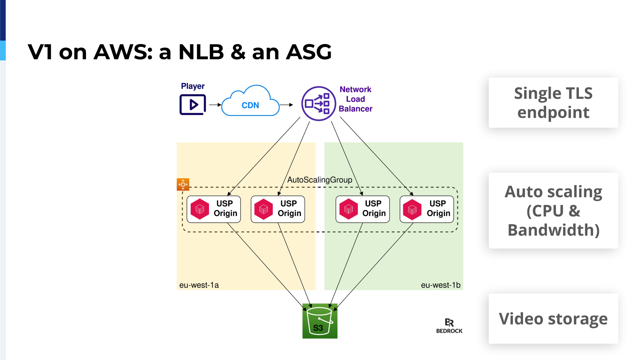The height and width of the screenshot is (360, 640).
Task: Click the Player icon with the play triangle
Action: click(x=193, y=104)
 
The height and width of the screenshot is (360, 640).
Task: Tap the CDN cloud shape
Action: click(x=250, y=101)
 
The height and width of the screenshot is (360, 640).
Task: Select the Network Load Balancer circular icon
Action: click(x=319, y=103)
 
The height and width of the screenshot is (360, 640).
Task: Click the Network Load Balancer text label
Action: click(x=356, y=99)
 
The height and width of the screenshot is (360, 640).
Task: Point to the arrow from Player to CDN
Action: click(x=215, y=105)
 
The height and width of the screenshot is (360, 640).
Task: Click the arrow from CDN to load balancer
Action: click(x=286, y=105)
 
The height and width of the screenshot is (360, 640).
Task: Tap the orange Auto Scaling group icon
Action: click(x=183, y=184)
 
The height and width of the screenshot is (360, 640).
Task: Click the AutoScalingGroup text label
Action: click(x=320, y=180)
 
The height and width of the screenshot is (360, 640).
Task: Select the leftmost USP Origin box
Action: click(x=214, y=209)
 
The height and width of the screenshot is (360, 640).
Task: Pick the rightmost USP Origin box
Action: click(x=427, y=209)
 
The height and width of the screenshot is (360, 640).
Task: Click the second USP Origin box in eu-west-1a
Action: click(x=278, y=209)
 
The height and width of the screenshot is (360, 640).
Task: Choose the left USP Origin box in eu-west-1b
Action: click(x=363, y=209)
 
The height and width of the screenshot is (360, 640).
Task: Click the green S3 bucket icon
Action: click(x=320, y=321)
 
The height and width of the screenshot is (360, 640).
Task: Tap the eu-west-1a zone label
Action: click(x=199, y=285)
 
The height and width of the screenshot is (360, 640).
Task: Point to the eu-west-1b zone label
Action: click(x=441, y=285)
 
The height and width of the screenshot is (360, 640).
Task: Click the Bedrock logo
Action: click(x=449, y=326)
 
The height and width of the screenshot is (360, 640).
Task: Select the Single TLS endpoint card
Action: click(x=553, y=103)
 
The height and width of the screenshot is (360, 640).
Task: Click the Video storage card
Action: click(x=553, y=319)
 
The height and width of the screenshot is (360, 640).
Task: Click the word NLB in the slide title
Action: click(x=201, y=52)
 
